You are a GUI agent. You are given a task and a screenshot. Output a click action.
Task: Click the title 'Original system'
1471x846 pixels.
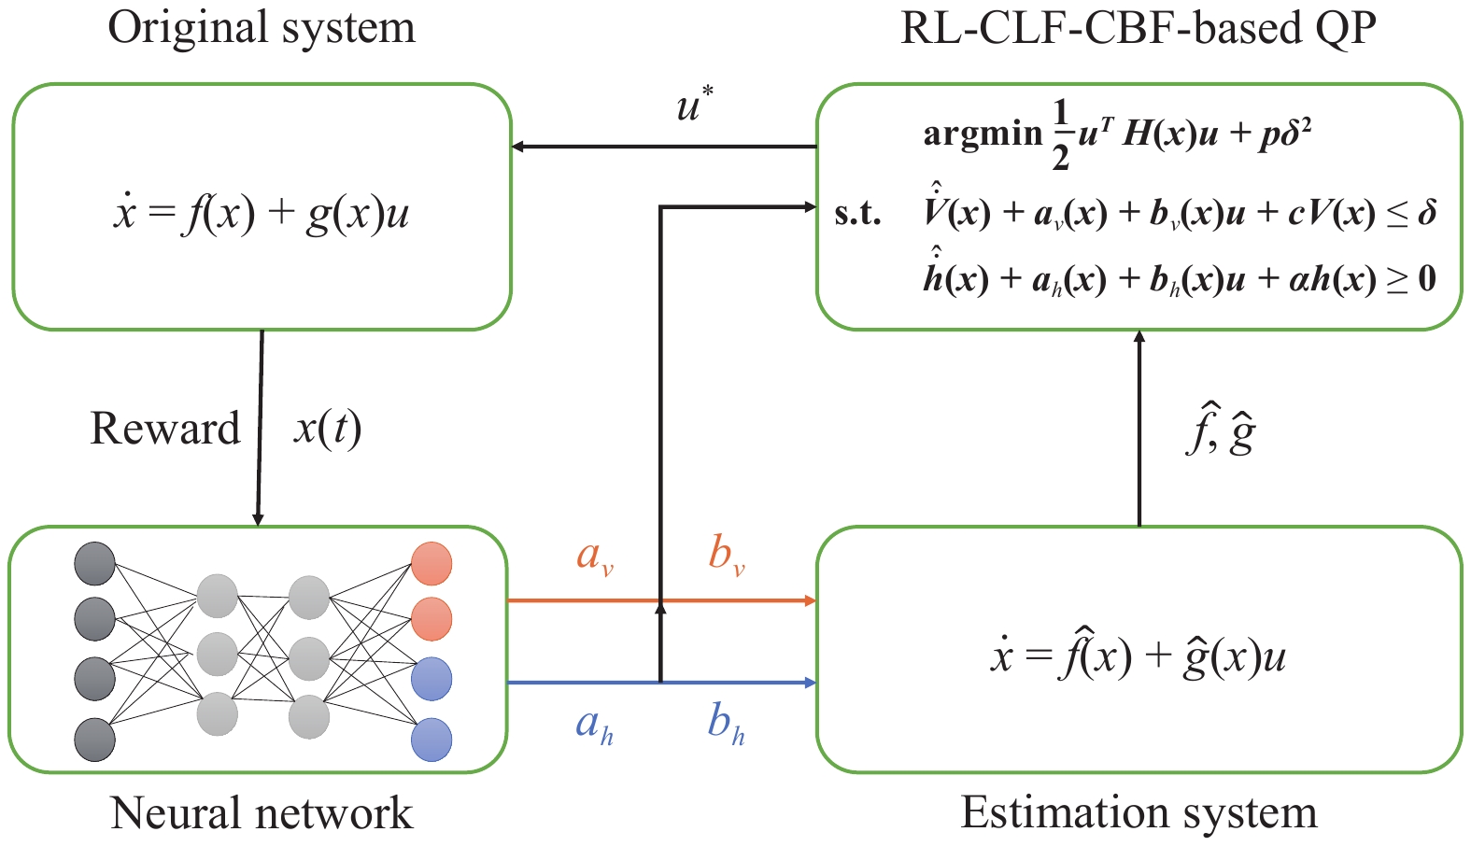pos(262,28)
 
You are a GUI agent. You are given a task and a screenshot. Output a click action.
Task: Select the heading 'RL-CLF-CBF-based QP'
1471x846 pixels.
pos(1138,28)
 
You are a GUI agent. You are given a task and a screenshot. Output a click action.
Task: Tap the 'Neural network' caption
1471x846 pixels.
pos(262,812)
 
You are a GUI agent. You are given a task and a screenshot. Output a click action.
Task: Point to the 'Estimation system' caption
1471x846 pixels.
pos(1139,812)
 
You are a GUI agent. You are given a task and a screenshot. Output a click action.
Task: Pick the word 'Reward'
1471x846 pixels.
pos(165,429)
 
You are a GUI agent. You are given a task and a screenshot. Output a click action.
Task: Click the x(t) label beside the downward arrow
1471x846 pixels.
pos(327,429)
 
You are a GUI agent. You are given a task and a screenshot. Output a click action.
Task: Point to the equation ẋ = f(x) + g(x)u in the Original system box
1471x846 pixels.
pos(261,214)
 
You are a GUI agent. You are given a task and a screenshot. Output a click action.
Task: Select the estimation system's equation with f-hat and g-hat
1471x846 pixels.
pos(1139,656)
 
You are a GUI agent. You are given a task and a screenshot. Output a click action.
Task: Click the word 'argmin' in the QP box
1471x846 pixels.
pos(983,134)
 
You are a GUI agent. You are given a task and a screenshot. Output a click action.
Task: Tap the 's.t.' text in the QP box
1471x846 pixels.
pos(857,214)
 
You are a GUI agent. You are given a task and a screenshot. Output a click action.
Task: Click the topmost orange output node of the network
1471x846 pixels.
pos(431,563)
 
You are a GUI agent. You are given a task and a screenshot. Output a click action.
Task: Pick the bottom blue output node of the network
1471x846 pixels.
pos(431,740)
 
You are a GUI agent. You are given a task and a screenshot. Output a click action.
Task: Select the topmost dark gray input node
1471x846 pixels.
pos(94,563)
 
